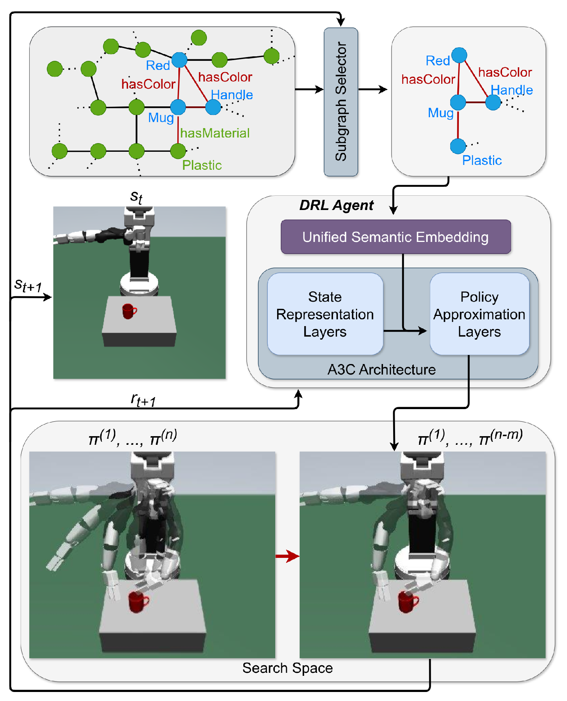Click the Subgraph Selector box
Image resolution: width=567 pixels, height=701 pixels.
pyautogui.click(x=341, y=101)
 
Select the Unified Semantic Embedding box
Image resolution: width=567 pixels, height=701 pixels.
pyautogui.click(x=395, y=237)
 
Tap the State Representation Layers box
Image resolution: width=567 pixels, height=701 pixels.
pyautogui.click(x=325, y=314)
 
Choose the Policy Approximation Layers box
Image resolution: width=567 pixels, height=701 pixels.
pyautogui.click(x=479, y=314)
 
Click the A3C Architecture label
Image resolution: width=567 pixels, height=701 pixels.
pyautogui.click(x=381, y=370)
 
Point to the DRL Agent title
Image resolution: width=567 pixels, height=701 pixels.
pyautogui.click(x=336, y=205)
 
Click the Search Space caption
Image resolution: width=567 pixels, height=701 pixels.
pyautogui.click(x=287, y=668)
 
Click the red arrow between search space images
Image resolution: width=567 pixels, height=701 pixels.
pyautogui.click(x=287, y=556)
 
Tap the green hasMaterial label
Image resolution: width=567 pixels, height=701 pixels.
pyautogui.click(x=214, y=133)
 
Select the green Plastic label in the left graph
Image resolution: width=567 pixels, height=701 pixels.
pyautogui.click(x=202, y=165)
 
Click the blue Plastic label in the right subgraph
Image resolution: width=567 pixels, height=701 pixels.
pyautogui.click(x=482, y=160)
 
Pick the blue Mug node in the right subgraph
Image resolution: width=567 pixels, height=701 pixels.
pyautogui.click(x=458, y=102)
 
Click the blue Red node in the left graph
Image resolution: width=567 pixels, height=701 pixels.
pyautogui.click(x=179, y=60)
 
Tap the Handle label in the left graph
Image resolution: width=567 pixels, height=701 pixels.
pyautogui.click(x=232, y=95)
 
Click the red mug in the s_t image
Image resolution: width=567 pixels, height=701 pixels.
pyautogui.click(x=129, y=311)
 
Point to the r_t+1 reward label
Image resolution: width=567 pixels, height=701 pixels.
pyautogui.click(x=143, y=400)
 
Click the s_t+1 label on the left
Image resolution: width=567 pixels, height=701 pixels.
pyautogui.click(x=28, y=286)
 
